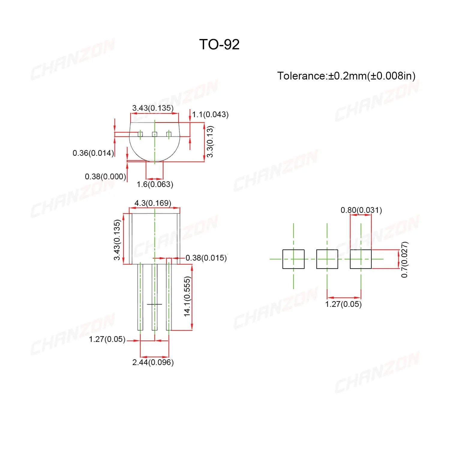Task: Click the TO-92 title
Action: click(219, 45)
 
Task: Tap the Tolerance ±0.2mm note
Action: click(346, 76)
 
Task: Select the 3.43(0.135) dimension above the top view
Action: click(153, 108)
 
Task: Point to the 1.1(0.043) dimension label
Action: click(210, 115)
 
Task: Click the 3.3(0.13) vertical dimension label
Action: click(210, 141)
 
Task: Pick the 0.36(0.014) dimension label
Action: click(93, 153)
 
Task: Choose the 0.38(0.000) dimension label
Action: click(105, 176)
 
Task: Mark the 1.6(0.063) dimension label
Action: click(155, 184)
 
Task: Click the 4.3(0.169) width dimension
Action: click(153, 203)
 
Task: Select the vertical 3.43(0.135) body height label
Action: click(117, 240)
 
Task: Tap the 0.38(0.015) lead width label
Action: click(206, 258)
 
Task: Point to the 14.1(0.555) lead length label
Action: click(187, 296)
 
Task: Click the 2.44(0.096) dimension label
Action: click(153, 362)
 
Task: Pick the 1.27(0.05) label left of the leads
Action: click(107, 339)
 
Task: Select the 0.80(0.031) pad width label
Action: click(361, 210)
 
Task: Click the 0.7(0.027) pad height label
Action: click(404, 259)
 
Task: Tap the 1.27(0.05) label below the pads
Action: click(343, 304)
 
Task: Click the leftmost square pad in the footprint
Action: click(293, 259)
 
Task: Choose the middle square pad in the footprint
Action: click(327, 259)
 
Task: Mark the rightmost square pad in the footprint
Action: click(361, 259)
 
